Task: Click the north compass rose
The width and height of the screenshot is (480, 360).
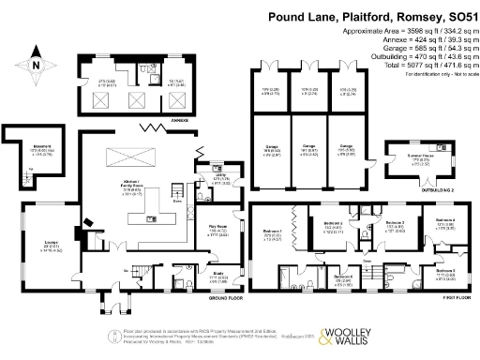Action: click(x=35, y=64)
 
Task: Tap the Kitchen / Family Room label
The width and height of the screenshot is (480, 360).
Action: click(x=131, y=183)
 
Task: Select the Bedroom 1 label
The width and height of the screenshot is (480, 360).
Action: click(x=271, y=232)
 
